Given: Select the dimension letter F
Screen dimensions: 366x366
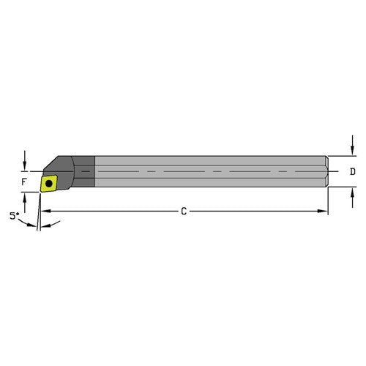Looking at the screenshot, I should pyautogui.click(x=24, y=181).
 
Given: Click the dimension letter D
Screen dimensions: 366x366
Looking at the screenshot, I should pyautogui.click(x=352, y=172).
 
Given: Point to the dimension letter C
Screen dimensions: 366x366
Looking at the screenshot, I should pyautogui.click(x=184, y=211).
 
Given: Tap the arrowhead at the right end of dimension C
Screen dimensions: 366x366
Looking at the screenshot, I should pyautogui.click(x=324, y=211).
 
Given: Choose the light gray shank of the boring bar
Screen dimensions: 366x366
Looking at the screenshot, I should pyautogui.click(x=205, y=172).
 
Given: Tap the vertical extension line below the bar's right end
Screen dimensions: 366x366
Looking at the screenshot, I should pyautogui.click(x=328, y=202).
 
